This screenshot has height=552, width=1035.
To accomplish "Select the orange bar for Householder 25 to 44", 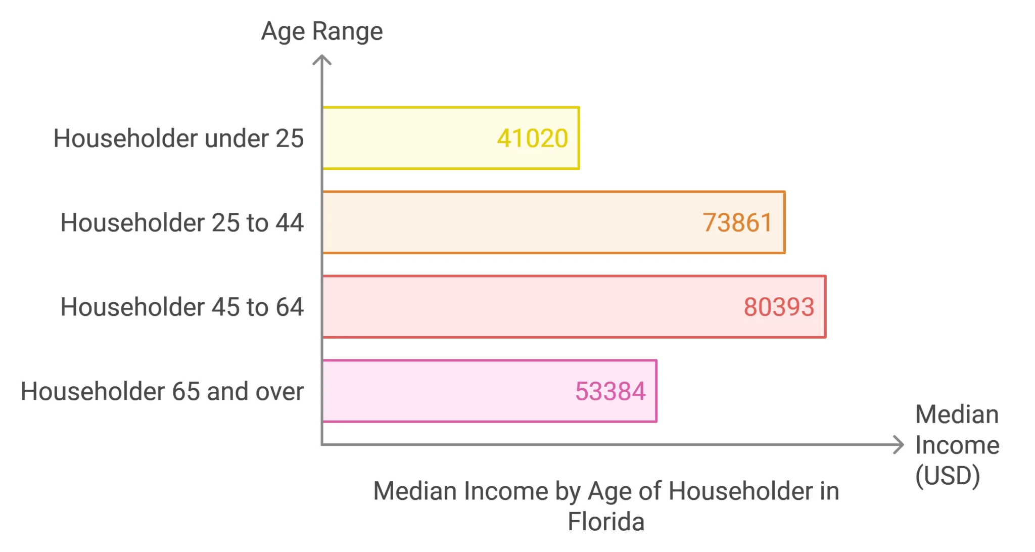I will pyautogui.click(x=505, y=222).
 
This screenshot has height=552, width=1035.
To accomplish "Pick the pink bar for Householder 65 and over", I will pyautogui.click(x=445, y=391).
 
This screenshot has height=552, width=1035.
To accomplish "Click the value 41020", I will pyautogui.click(x=532, y=139).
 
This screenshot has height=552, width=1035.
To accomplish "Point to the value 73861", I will pyautogui.click(x=737, y=223).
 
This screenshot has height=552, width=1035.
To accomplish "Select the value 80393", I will pyautogui.click(x=779, y=307).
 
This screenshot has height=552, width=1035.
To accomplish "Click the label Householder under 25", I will pyautogui.click(x=178, y=139).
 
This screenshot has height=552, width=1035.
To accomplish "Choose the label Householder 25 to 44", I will pyautogui.click(x=182, y=223).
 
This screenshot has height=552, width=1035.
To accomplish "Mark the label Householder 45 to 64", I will pyautogui.click(x=182, y=307).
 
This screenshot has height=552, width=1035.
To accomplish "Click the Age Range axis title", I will pyautogui.click(x=322, y=31).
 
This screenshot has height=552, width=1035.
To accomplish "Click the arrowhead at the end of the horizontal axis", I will pyautogui.click(x=899, y=445).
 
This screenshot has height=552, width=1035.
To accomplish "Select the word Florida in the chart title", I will pyautogui.click(x=606, y=522).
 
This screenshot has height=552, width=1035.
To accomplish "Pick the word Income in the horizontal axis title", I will pyautogui.click(x=957, y=445).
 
